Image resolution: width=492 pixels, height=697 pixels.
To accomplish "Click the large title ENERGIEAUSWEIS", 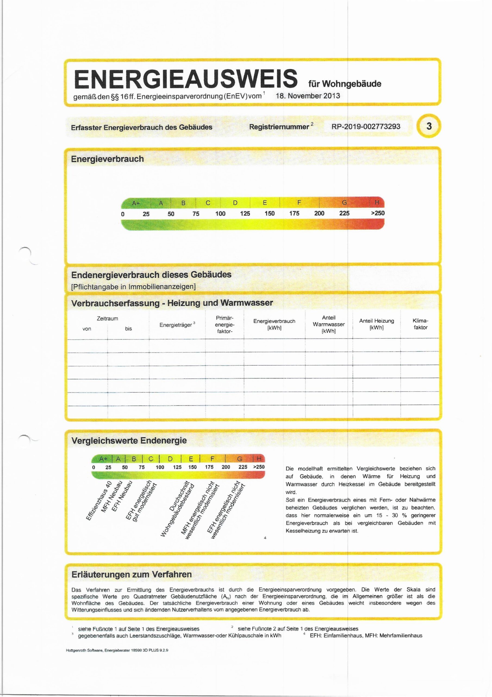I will coord(186,78).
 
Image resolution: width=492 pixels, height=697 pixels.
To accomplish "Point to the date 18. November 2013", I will coord(308,96).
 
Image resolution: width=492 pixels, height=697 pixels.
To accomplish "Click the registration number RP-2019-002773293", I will coord(366,127).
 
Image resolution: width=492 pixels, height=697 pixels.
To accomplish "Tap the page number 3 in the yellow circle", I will coord(429,126).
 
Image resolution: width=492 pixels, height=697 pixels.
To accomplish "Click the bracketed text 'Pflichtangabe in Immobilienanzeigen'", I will coord(133,287).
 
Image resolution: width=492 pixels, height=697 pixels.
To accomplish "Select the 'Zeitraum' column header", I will coord(107,319).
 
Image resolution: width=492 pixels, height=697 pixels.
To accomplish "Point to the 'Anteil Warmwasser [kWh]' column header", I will coord(329,324).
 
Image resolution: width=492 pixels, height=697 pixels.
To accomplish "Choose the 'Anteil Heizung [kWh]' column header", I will coord(376,324).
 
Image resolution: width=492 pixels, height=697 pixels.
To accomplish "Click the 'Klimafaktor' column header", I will coord(420,324).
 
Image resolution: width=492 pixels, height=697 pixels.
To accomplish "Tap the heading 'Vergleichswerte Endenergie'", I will coord(129,441).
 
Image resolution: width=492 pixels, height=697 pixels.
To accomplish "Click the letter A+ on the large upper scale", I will coord(136,203).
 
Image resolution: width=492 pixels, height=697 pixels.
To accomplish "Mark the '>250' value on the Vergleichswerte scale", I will coord(259,467).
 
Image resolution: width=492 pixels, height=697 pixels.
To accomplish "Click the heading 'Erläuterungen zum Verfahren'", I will coord(132,574).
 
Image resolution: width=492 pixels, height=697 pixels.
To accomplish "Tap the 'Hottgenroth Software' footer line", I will coord(117,650).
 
